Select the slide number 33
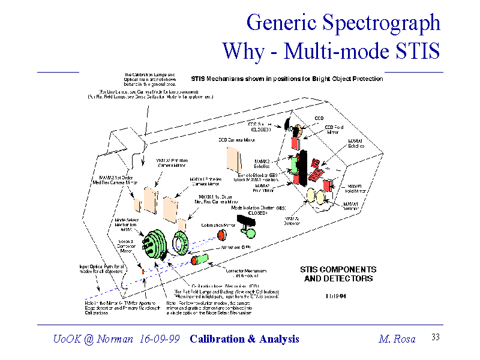[x=436, y=337]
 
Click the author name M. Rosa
[x=397, y=339]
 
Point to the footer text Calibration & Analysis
[x=244, y=339]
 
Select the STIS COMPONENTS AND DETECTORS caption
[x=338, y=274]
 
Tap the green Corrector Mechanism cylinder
[x=200, y=260]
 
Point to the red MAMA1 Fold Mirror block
[x=328, y=185]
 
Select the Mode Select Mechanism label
[x=127, y=224]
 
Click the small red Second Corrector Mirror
[x=143, y=272]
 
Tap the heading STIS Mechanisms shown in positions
[x=286, y=79]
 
